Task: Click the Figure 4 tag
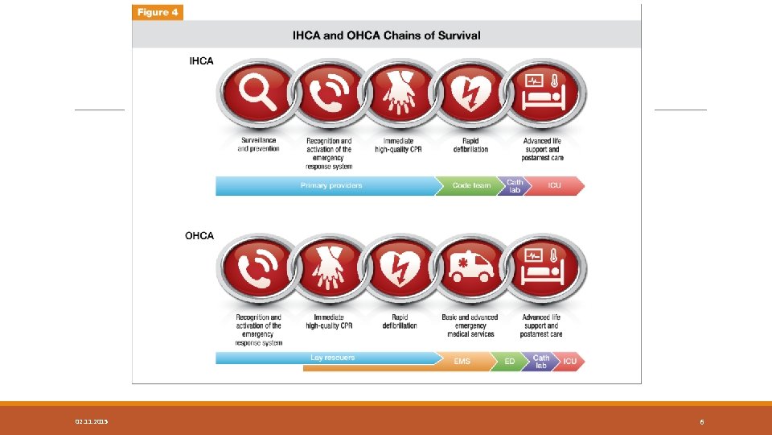pos(158,12)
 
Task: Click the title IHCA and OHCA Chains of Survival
pos(388,35)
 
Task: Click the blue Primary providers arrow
pos(330,186)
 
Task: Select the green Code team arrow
pos(470,186)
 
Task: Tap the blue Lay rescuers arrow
pos(332,358)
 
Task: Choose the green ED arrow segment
pos(509,362)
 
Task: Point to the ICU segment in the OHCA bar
pos(569,362)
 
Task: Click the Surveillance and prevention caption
pos(258,145)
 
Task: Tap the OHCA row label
pos(199,236)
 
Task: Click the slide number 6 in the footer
pos(702,422)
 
